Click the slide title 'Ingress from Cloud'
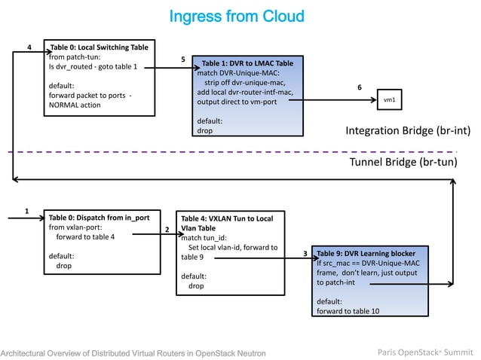[237, 17]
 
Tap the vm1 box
[388, 99]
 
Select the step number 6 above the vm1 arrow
[359, 87]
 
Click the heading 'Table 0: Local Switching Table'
[99, 47]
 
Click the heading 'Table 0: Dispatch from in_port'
[94, 217]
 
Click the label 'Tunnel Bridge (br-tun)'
[403, 162]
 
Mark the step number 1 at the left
[28, 210]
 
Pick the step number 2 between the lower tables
[167, 229]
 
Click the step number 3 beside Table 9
[305, 254]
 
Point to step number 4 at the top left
[29, 47]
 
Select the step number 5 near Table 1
[183, 59]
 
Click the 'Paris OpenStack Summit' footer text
[425, 352]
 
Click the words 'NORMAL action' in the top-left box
[75, 105]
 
